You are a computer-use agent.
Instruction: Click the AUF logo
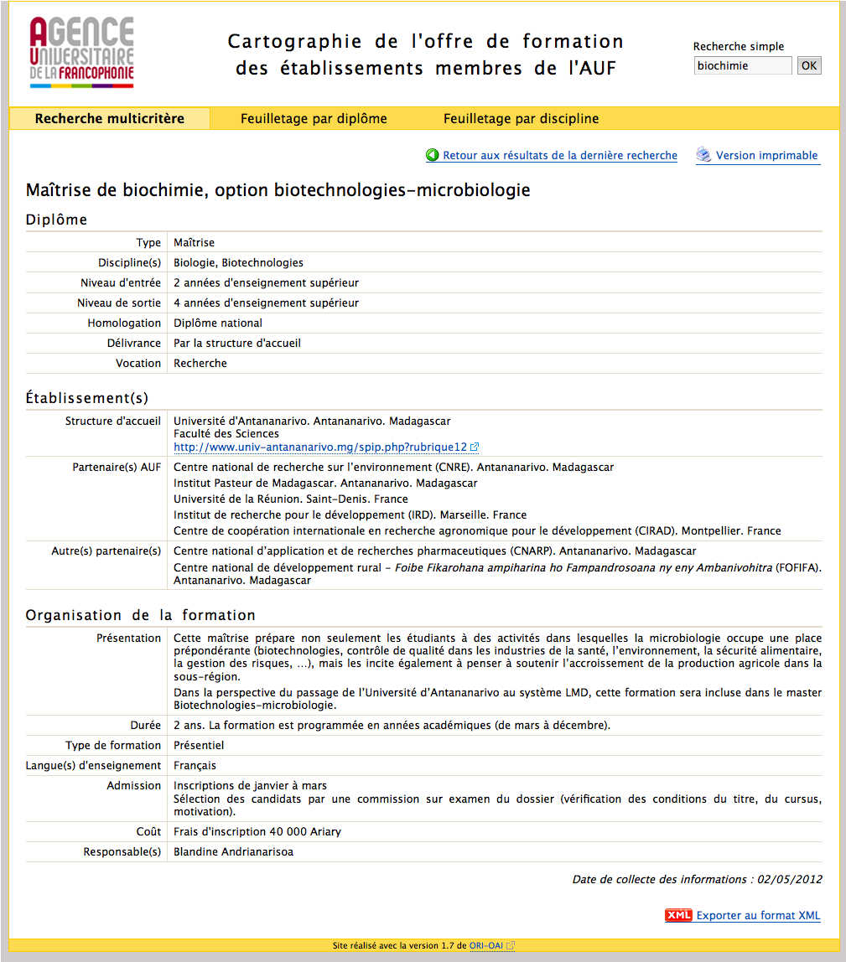click(x=81, y=53)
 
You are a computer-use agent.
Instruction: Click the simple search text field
click(x=743, y=65)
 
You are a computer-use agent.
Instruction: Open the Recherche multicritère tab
click(x=109, y=118)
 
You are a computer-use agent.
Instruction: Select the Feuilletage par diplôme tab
click(x=314, y=118)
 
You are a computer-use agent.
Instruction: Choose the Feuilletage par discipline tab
click(x=521, y=118)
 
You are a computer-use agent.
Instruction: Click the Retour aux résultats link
click(x=559, y=155)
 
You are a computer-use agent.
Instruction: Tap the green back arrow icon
click(x=433, y=155)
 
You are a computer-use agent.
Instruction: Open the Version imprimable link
click(x=766, y=155)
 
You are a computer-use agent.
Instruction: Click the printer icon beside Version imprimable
click(x=703, y=155)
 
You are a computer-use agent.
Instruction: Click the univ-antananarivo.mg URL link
click(x=319, y=447)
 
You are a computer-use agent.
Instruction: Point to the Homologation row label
click(x=124, y=323)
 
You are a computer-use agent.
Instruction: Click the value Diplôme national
click(x=218, y=323)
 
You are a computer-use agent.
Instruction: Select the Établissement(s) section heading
click(x=87, y=398)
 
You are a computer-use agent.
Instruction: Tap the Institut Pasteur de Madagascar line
click(x=325, y=483)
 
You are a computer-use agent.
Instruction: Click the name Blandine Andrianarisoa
click(x=233, y=852)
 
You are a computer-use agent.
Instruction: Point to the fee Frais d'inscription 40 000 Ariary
click(x=257, y=832)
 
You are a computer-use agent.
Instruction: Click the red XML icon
click(x=678, y=915)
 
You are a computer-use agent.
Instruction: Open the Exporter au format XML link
click(x=758, y=916)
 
